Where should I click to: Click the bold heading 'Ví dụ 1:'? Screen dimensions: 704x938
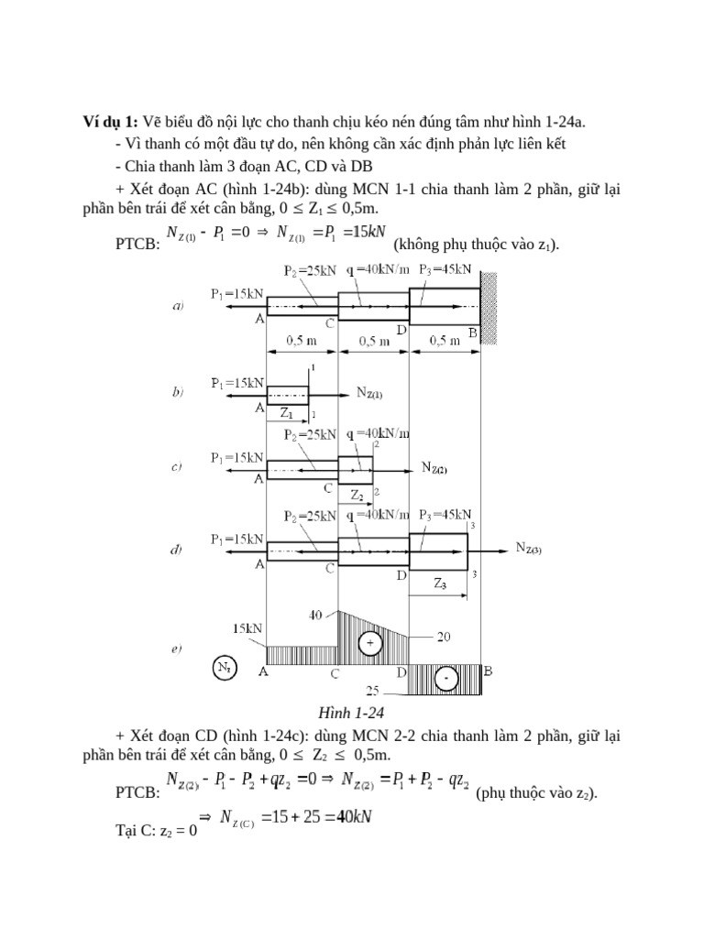tap(110, 122)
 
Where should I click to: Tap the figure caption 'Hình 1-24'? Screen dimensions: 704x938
tap(351, 713)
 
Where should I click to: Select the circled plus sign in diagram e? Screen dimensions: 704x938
tap(370, 643)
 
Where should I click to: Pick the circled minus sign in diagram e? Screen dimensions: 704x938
tap(445, 679)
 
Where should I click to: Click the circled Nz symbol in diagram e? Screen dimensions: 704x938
tap(225, 668)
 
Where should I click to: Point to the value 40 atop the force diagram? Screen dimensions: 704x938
tap(315, 615)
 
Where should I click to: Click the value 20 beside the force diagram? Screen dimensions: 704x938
tap(444, 638)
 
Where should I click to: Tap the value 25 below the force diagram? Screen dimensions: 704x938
tap(372, 691)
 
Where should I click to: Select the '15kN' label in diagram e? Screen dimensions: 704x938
tap(247, 628)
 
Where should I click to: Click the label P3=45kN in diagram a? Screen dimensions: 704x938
tap(445, 270)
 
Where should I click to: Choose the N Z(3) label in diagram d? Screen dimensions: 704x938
tap(529, 548)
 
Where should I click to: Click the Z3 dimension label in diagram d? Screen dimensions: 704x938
tap(440, 584)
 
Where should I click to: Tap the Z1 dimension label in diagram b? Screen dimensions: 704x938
tap(287, 413)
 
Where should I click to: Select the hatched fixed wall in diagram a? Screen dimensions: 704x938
tap(489, 308)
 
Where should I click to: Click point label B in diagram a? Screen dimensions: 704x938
tap(473, 333)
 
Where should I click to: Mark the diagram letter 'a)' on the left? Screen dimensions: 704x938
tap(178, 306)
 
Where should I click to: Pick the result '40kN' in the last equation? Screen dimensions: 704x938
tap(354, 816)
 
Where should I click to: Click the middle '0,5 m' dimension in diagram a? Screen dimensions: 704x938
tap(374, 341)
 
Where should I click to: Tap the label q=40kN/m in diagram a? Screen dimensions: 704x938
tap(378, 270)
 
